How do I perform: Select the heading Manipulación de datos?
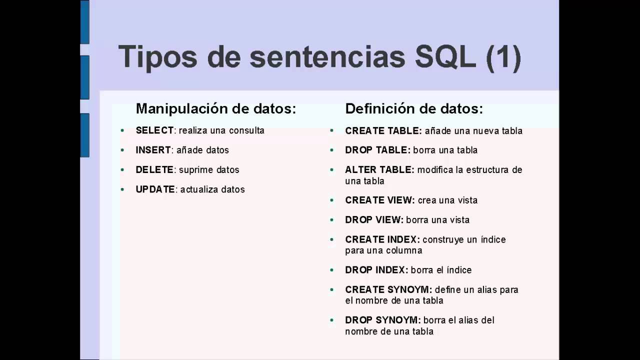click(216, 109)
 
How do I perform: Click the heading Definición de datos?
click(414, 109)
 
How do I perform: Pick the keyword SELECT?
click(154, 130)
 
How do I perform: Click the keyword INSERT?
click(153, 150)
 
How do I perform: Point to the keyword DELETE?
click(154, 170)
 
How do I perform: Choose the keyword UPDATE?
click(155, 189)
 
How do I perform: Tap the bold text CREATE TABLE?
click(383, 131)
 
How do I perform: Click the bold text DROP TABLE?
click(377, 150)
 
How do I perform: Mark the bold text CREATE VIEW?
click(379, 200)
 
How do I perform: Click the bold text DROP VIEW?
click(374, 220)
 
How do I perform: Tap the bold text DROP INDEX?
click(376, 270)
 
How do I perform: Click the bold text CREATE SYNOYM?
click(388, 290)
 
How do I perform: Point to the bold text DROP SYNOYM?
click(382, 320)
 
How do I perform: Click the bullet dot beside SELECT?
click(122, 131)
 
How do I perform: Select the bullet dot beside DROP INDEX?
click(331, 270)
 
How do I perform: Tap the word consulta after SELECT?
click(246, 130)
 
